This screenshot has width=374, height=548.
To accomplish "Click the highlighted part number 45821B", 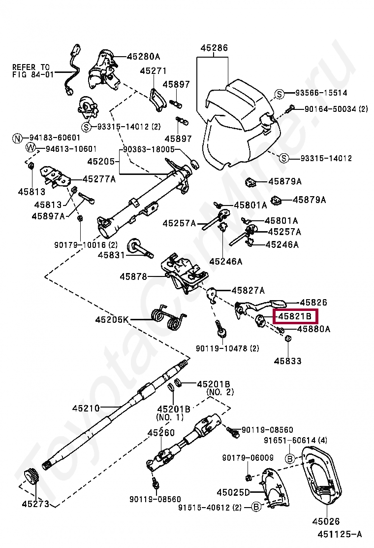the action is click(x=295, y=317).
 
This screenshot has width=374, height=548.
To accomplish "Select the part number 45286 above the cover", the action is click(x=214, y=48).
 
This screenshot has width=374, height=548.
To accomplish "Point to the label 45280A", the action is click(x=143, y=56).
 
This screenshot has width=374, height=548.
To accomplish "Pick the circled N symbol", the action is click(x=17, y=138).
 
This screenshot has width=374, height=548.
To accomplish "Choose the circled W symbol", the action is click(x=31, y=148).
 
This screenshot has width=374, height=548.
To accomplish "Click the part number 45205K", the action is click(x=112, y=319).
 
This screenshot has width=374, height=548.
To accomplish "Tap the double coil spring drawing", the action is click(x=169, y=316).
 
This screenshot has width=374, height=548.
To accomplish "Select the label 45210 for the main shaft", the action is click(x=86, y=408).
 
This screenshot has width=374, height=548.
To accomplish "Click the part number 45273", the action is click(x=35, y=504).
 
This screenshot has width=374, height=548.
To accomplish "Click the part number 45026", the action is click(x=326, y=521).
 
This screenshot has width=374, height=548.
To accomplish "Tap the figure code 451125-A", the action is click(x=340, y=534).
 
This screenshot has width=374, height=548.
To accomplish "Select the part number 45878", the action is click(x=133, y=277).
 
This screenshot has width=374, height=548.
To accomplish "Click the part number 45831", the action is click(x=111, y=255).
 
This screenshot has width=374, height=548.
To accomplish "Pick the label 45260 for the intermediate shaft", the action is click(x=161, y=432).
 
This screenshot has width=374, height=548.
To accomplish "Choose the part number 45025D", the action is click(x=233, y=492).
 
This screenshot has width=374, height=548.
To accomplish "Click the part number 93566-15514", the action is click(x=321, y=93).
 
